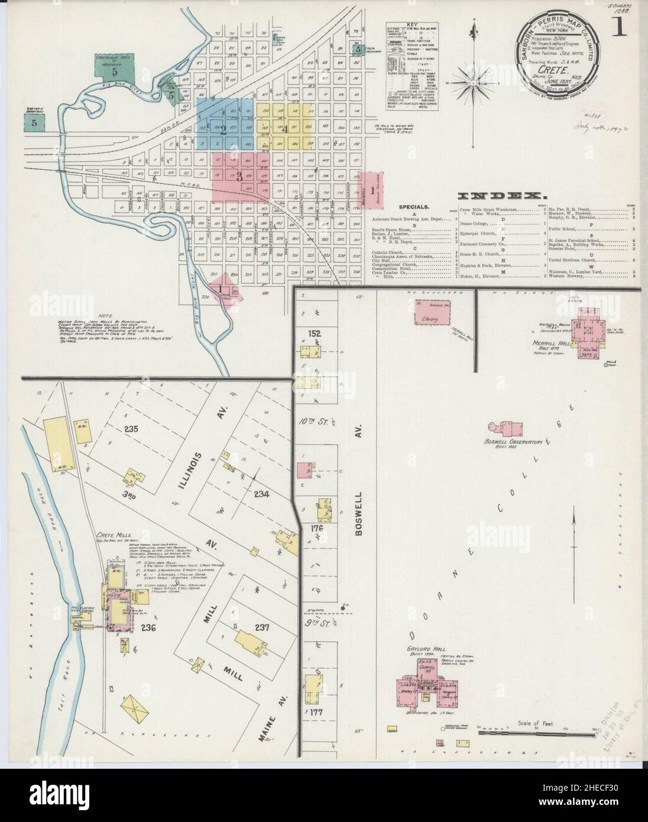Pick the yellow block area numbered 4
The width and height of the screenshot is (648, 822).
tap(285, 125)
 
